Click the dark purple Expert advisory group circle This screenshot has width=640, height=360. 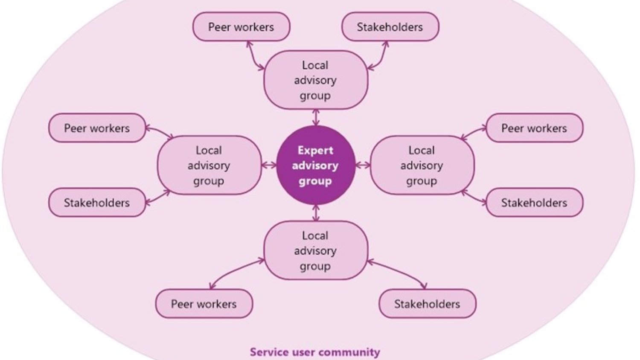(x=316, y=165)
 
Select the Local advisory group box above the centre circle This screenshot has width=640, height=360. (x=316, y=80)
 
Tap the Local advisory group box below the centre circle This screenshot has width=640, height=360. (x=316, y=250)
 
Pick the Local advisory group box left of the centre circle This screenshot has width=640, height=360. (x=209, y=165)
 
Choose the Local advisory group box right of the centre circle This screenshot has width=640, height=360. (x=422, y=165)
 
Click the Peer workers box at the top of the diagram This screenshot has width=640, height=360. (x=241, y=27)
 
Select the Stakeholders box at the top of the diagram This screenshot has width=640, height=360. (x=390, y=27)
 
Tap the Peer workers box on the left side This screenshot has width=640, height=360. (x=97, y=128)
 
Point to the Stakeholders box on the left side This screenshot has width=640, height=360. (x=97, y=203)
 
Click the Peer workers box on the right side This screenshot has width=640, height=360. (x=534, y=128)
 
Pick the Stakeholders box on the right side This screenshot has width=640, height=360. (x=534, y=203)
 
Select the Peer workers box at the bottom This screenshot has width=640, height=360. (x=204, y=304)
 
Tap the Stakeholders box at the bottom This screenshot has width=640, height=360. (x=427, y=304)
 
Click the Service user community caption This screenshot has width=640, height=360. (x=315, y=352)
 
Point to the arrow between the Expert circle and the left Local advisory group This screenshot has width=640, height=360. (x=269, y=165)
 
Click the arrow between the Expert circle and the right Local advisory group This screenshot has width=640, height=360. (x=363, y=165)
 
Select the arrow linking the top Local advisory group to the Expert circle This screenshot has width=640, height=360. (x=316, y=117)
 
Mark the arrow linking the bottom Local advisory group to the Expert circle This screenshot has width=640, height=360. (x=316, y=213)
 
